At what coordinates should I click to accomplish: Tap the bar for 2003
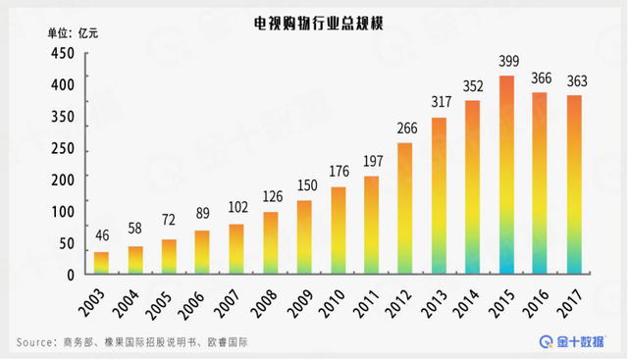(101, 262)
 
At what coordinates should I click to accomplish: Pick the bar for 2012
(405, 208)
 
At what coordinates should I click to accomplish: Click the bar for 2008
(271, 242)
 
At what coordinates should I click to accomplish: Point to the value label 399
(507, 62)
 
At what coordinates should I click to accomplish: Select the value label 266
(405, 128)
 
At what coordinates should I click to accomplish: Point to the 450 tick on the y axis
(62, 55)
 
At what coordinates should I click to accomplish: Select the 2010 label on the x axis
(332, 299)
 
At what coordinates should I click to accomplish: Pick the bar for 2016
(541, 182)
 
